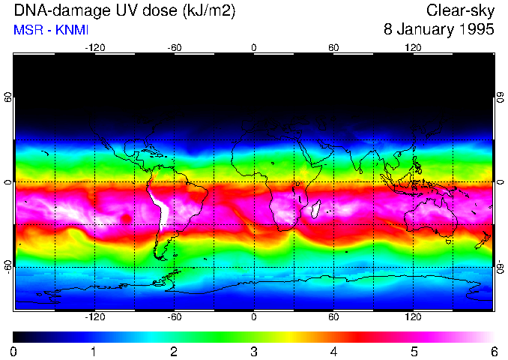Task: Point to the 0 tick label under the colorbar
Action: click(14, 351)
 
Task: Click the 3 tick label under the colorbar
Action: click(253, 351)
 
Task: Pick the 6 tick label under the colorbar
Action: click(493, 351)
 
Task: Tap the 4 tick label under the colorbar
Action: click(333, 351)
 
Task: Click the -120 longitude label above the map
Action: click(94, 47)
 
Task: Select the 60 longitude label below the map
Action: click(333, 317)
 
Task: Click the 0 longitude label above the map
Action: click(254, 47)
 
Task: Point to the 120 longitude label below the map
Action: click(413, 317)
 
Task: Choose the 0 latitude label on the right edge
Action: click(500, 182)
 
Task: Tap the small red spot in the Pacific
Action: click(125, 218)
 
